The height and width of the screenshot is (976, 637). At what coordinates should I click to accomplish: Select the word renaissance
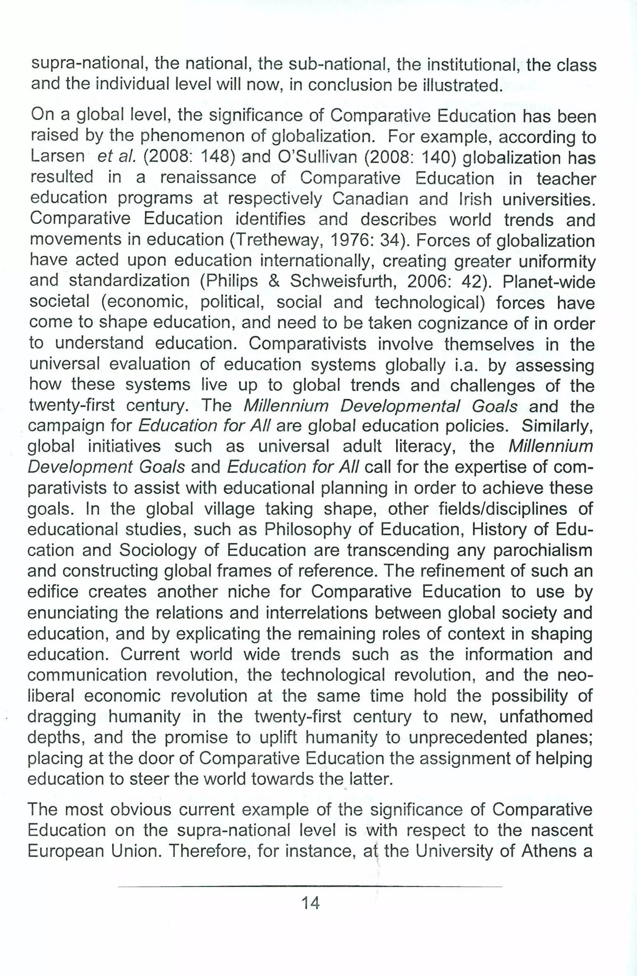(208, 178)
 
